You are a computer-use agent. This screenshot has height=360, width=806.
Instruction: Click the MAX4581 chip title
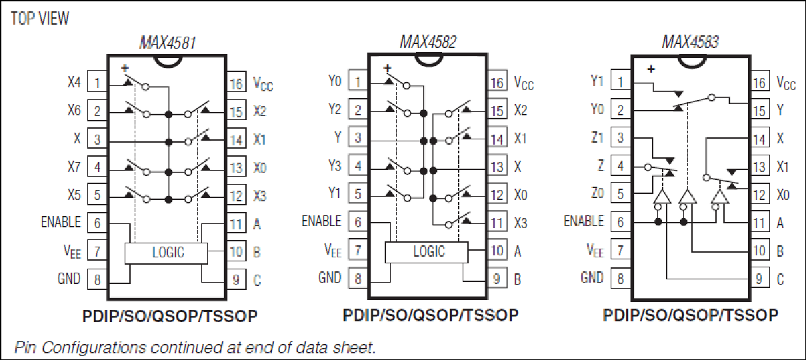(x=168, y=43)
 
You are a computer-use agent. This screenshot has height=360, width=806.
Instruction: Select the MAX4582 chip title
(x=428, y=42)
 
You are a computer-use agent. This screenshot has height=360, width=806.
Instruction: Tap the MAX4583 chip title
(x=690, y=42)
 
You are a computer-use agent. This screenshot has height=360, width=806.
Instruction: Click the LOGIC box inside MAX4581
(x=166, y=253)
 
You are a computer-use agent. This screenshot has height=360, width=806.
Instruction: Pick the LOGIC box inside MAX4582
(x=427, y=252)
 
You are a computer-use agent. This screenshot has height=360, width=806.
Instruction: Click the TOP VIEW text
(x=40, y=19)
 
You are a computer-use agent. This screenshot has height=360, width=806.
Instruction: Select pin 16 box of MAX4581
(x=237, y=83)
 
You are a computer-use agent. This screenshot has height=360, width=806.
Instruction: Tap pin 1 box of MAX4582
(x=358, y=82)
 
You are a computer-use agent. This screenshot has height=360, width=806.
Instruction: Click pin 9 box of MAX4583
(x=759, y=278)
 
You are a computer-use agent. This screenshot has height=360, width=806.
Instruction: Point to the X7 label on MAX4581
(x=74, y=167)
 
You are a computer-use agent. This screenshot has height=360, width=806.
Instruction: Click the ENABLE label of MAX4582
(x=321, y=221)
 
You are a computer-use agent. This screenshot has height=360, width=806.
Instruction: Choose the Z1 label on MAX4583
(x=597, y=137)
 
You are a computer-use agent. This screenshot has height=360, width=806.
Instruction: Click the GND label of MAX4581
(x=69, y=279)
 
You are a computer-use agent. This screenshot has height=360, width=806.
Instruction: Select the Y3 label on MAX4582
(x=335, y=165)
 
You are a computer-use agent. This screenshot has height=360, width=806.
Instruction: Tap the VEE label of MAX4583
(x=595, y=251)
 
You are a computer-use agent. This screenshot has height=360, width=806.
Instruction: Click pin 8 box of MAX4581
(x=97, y=279)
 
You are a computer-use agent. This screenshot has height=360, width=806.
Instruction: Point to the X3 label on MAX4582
(x=520, y=223)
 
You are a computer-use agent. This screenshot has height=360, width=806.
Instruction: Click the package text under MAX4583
(x=691, y=315)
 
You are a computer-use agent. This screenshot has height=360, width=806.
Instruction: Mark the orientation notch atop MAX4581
(x=168, y=63)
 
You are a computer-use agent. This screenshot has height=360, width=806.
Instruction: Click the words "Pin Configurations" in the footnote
(x=80, y=348)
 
